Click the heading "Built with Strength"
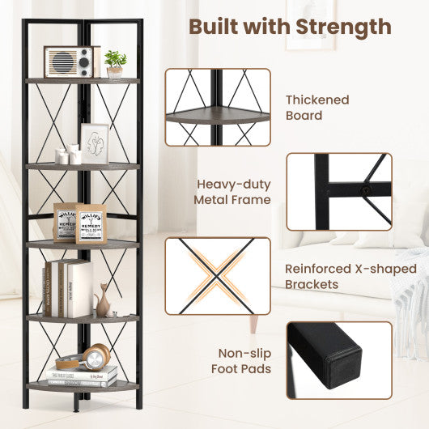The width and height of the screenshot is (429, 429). click(290, 26)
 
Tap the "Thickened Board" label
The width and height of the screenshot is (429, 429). click(317, 108)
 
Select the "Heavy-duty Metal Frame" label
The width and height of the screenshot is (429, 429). click(233, 192)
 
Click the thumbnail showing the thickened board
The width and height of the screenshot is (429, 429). click(218, 107)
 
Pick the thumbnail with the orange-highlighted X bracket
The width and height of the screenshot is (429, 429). click(218, 275)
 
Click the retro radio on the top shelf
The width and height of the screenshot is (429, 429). click(71, 62)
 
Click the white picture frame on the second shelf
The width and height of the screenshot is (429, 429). click(96, 144)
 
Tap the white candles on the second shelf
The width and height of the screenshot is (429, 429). click(69, 154)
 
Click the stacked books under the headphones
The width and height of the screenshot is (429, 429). click(82, 376)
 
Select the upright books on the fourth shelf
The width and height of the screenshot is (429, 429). click(66, 289)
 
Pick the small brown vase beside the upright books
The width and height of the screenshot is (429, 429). click(103, 302)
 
